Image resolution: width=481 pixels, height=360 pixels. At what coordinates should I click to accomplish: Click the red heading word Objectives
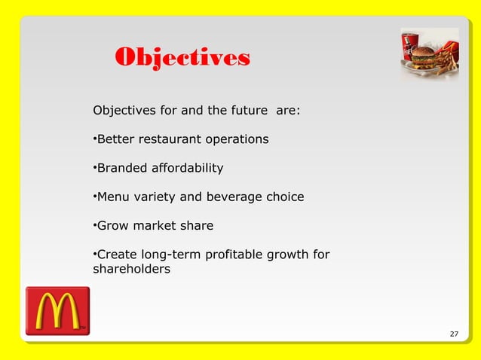182,58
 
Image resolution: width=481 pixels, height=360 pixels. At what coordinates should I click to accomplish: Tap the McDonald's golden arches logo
57,310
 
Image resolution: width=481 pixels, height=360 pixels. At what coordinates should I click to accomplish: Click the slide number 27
453,334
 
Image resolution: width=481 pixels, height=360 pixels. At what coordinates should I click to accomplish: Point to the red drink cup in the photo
410,47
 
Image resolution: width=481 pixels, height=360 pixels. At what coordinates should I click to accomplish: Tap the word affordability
186,168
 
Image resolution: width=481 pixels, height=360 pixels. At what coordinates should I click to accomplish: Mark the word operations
236,139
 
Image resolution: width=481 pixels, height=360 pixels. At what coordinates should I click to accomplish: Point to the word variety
156,197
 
